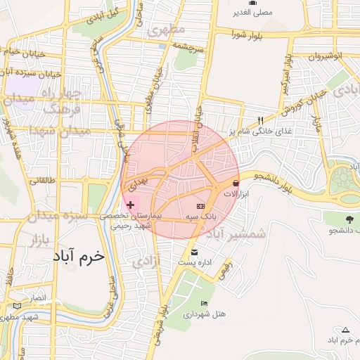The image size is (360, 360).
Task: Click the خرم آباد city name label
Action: pyautogui.click(x=78, y=256)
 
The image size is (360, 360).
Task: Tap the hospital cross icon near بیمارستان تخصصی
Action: pyautogui.click(x=131, y=204)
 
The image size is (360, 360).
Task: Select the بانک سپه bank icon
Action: pyautogui.click(x=200, y=206)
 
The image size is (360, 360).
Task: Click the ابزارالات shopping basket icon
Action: pyautogui.click(x=225, y=183)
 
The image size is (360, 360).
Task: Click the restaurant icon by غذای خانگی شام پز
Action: pyautogui.click(x=260, y=120)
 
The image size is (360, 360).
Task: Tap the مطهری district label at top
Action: pyautogui.click(x=167, y=30)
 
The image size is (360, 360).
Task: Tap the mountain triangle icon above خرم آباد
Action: pyautogui.click(x=345, y=329)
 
